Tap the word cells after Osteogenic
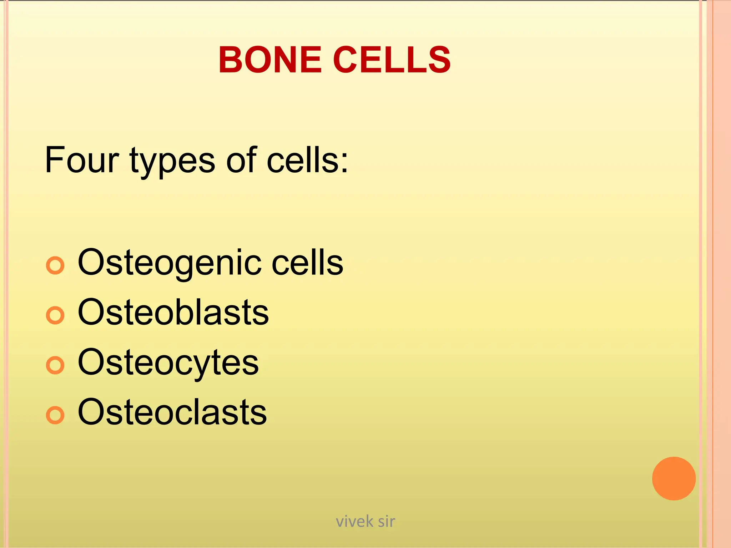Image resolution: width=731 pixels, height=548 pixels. [308, 263]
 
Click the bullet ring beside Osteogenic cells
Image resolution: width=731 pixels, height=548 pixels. [55, 265]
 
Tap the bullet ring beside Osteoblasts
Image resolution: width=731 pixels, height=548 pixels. [55, 315]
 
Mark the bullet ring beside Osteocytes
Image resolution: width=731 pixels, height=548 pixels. [55, 365]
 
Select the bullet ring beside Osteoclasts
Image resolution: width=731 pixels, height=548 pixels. [55, 415]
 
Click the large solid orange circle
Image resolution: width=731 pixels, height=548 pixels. [674, 478]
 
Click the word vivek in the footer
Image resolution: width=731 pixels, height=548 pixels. [355, 522]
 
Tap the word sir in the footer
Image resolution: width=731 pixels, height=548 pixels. [386, 522]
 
